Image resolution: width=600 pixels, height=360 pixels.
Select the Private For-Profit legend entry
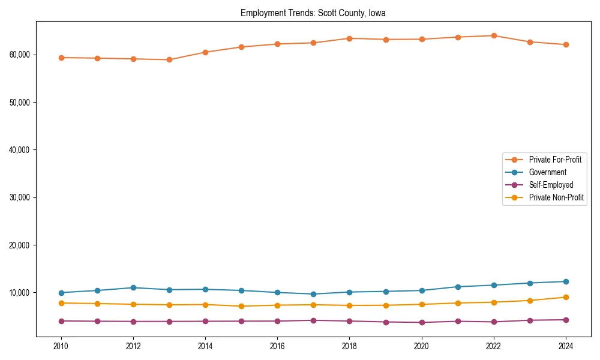[x=554, y=160]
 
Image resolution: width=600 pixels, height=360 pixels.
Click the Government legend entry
[x=547, y=172]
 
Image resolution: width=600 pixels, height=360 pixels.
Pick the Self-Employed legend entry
[x=551, y=185]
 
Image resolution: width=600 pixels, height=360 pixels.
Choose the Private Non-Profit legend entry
[x=556, y=197]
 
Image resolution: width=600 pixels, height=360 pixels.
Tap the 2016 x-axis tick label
[x=277, y=346]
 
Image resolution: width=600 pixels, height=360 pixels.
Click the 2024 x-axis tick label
[x=566, y=346]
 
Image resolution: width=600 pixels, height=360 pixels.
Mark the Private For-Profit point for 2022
[x=494, y=35]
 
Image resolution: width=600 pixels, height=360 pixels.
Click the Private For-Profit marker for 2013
[x=169, y=60]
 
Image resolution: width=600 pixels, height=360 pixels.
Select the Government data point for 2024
[x=566, y=281]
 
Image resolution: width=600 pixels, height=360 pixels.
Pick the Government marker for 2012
[x=133, y=288]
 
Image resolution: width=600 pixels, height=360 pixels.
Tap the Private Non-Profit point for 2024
[x=566, y=297]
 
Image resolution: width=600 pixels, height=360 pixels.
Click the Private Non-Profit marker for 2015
[x=241, y=306]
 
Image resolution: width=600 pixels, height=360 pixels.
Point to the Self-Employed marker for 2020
[x=422, y=322]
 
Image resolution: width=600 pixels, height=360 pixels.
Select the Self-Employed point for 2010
[x=61, y=321]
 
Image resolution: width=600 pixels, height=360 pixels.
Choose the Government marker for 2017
[x=313, y=294]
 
